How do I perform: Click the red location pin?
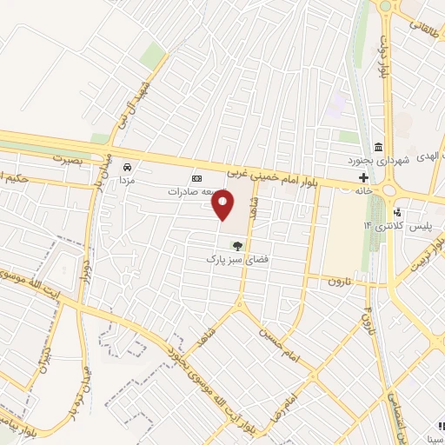[223, 206]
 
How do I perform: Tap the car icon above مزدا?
[128, 165]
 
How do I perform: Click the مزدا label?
[127, 178]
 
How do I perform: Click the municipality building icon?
[378, 145]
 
